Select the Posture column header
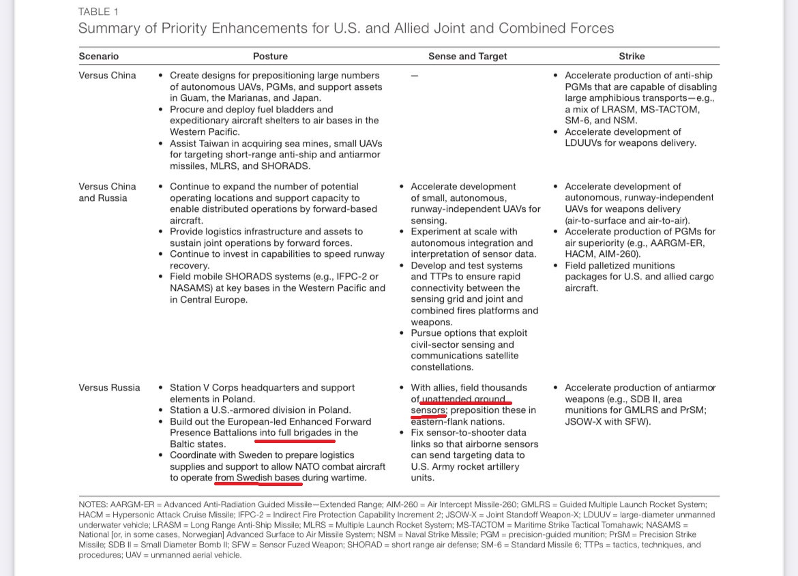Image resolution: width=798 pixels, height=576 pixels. (x=270, y=57)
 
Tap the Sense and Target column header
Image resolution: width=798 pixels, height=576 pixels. (x=467, y=57)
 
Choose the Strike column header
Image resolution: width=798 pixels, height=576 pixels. (x=632, y=57)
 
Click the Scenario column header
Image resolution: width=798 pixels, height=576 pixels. (x=98, y=57)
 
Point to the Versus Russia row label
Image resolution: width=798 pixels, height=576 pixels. (x=109, y=388)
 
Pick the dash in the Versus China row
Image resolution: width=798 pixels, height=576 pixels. (x=415, y=76)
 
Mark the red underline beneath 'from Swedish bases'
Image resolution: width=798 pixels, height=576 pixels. (x=258, y=485)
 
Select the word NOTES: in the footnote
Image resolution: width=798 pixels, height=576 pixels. (x=93, y=504)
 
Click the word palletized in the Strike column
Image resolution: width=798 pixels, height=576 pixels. (x=613, y=266)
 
